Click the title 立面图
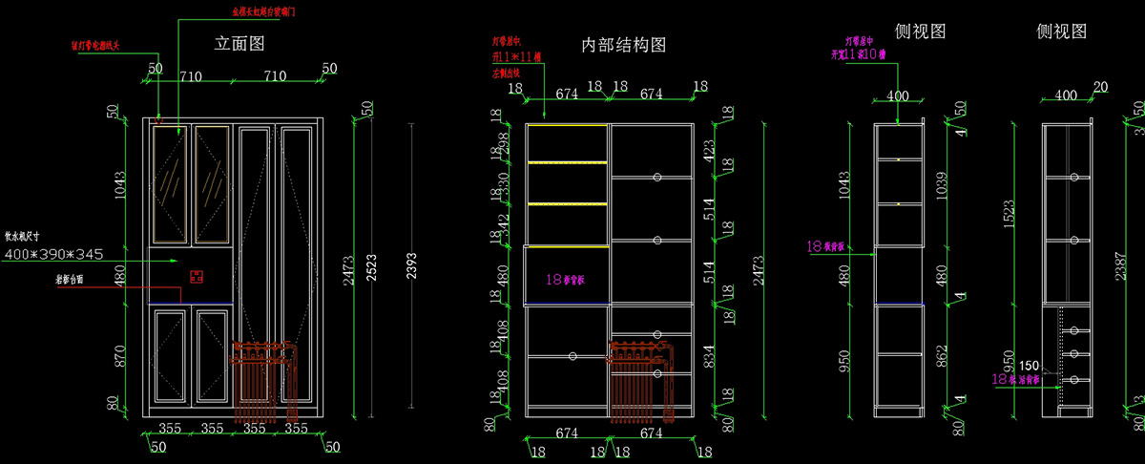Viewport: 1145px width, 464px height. pyautogui.click(x=239, y=43)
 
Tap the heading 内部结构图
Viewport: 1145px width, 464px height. pyautogui.click(x=623, y=45)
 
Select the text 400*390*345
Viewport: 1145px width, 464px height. pyautogui.click(x=54, y=254)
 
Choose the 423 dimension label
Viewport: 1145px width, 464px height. pyautogui.click(x=707, y=149)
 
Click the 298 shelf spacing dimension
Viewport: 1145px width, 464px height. pyautogui.click(x=506, y=142)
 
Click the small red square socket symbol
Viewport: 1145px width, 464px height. pyautogui.click(x=197, y=277)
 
